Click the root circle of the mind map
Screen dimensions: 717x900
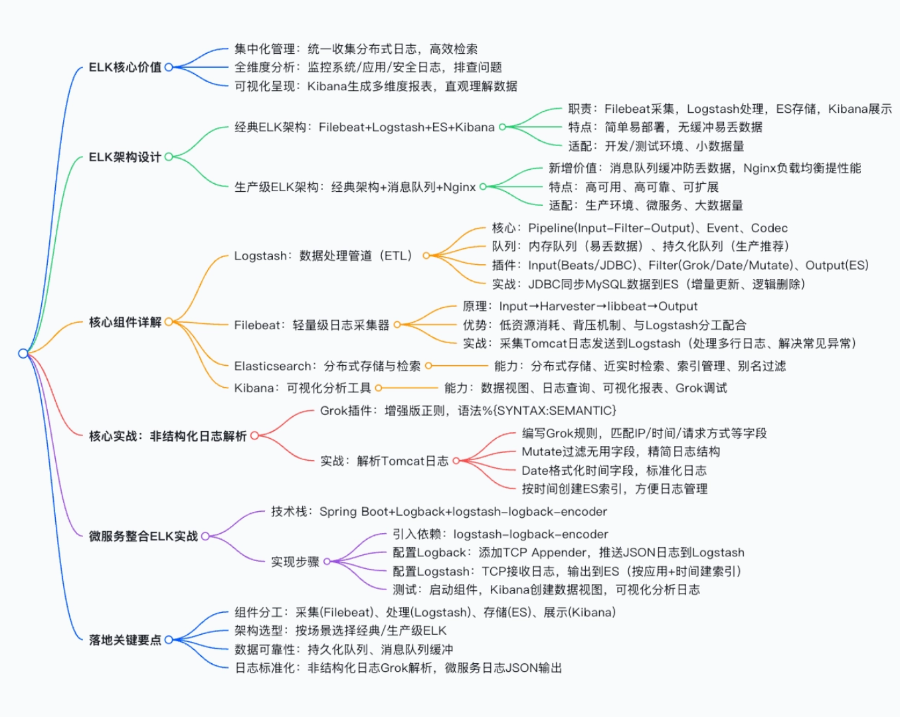click(x=23, y=353)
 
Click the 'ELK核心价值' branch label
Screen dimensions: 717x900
click(x=125, y=67)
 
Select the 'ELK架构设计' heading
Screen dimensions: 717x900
click(x=125, y=157)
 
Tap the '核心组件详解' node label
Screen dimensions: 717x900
click(x=125, y=323)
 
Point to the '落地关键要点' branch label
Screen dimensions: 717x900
click(x=125, y=640)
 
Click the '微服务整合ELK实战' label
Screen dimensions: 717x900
click(x=143, y=536)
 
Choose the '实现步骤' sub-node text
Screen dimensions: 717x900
click(x=295, y=562)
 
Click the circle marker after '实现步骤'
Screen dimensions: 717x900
click(x=327, y=562)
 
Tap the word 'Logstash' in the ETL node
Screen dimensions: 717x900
click(x=256, y=256)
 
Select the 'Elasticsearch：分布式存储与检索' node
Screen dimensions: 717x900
click(x=327, y=366)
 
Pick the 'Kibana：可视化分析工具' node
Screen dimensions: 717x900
click(x=302, y=388)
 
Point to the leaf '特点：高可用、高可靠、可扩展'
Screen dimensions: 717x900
click(x=634, y=187)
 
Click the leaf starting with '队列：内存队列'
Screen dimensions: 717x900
click(x=640, y=247)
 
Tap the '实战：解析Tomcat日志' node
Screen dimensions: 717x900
click(x=384, y=461)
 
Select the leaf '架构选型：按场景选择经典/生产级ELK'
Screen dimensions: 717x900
click(x=340, y=631)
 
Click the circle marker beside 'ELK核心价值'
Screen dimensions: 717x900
click(x=169, y=67)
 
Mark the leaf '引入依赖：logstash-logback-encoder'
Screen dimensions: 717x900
click(x=500, y=534)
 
